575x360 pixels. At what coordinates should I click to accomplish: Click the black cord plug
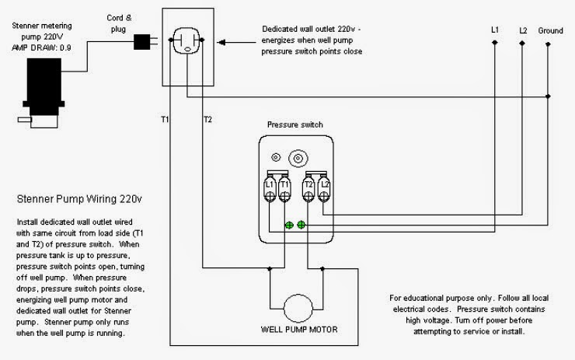(x=142, y=42)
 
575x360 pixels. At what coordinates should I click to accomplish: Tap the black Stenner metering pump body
(x=44, y=86)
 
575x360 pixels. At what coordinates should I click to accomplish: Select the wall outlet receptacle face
(x=187, y=40)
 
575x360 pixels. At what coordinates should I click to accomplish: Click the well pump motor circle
(x=298, y=309)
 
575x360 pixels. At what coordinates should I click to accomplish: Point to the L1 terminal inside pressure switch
(x=270, y=189)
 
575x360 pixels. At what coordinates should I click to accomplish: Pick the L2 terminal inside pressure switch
(x=324, y=189)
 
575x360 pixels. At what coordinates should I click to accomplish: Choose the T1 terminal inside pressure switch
(x=284, y=189)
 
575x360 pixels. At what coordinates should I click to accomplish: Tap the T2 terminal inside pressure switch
(x=308, y=189)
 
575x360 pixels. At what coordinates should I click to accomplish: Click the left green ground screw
(x=289, y=225)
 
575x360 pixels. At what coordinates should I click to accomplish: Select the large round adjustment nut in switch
(x=298, y=159)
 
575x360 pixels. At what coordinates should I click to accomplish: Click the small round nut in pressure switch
(x=276, y=157)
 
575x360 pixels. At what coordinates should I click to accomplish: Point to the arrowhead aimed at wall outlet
(x=221, y=43)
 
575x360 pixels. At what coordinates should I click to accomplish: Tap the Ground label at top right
(x=550, y=31)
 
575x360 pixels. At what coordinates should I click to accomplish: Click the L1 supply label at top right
(x=495, y=30)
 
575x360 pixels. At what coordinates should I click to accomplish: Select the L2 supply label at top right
(x=523, y=30)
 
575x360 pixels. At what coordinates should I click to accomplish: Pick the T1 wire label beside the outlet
(x=165, y=119)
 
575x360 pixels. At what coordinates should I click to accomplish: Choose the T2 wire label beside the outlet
(x=207, y=119)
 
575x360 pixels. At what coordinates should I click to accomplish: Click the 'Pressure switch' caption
(x=294, y=124)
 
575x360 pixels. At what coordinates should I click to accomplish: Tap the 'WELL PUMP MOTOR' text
(x=299, y=330)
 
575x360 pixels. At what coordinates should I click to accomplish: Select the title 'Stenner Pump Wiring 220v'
(x=79, y=199)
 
